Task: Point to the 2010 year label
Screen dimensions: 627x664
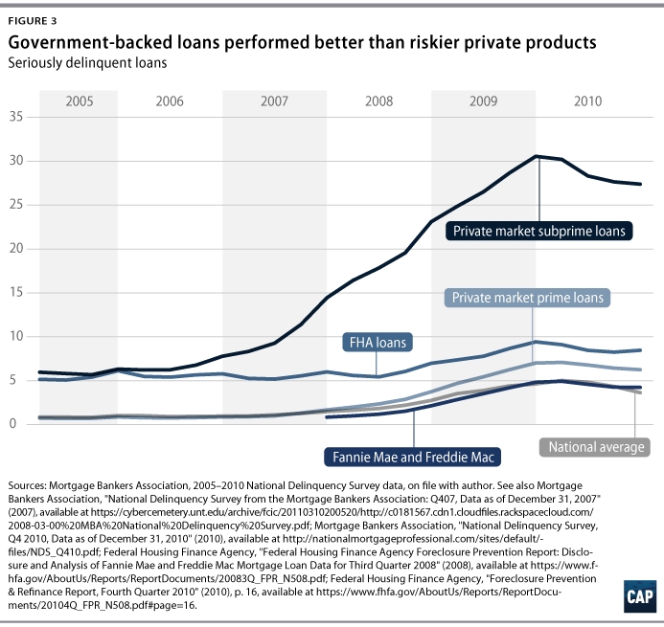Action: coord(587,101)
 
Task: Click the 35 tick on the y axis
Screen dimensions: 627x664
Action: coord(14,117)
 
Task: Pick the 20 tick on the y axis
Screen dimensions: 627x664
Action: coord(14,248)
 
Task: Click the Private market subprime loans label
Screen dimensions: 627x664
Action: coord(540,231)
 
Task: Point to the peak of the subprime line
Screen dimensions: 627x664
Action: coord(537,156)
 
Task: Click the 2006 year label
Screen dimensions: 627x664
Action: coord(170,101)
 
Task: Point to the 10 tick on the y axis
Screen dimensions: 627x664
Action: coord(14,336)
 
